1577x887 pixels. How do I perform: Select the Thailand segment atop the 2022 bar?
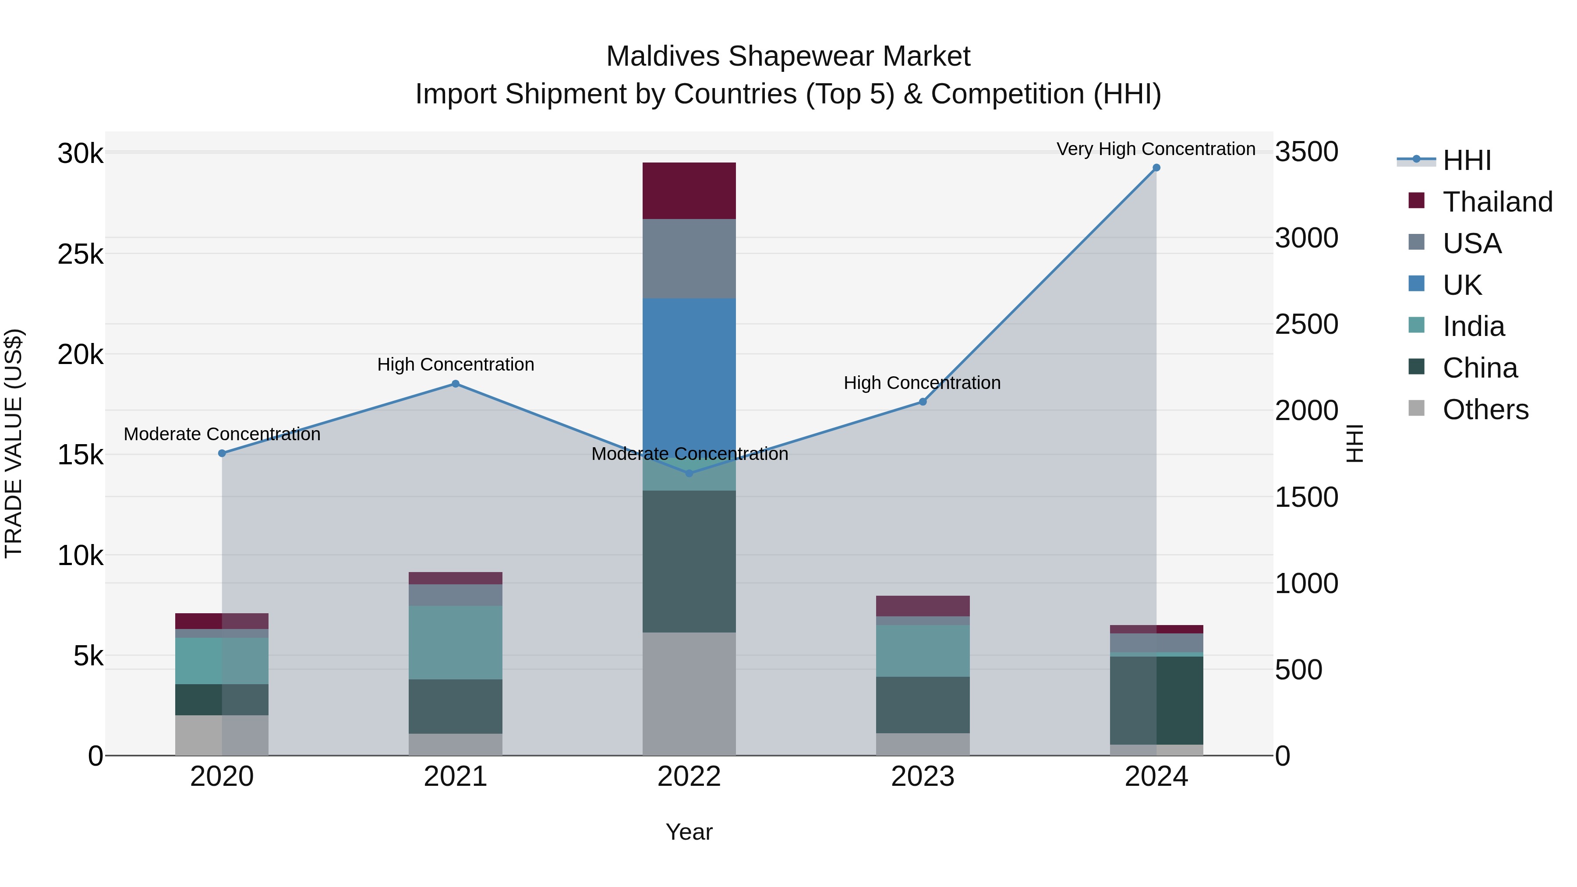tap(689, 191)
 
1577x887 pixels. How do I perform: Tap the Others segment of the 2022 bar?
tap(689, 693)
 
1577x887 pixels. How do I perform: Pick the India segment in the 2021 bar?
tap(456, 642)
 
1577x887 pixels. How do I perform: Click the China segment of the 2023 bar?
tap(923, 705)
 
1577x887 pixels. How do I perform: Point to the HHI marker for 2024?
tap(1156, 168)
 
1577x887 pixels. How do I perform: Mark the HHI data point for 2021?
tap(456, 384)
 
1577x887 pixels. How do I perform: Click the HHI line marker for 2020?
tap(222, 453)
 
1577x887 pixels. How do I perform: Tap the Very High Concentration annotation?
tap(1156, 149)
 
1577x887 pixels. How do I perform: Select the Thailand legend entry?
tap(1497, 202)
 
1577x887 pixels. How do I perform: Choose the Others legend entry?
tap(1485, 410)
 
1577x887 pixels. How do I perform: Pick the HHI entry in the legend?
tap(1466, 160)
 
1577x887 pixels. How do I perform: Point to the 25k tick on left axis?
tap(80, 254)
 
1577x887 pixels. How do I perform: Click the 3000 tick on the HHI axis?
tap(1306, 238)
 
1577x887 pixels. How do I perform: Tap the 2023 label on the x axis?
tap(923, 777)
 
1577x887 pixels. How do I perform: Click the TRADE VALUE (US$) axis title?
tap(14, 443)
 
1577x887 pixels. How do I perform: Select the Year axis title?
tap(689, 832)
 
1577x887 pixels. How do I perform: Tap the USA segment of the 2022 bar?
tap(689, 258)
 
